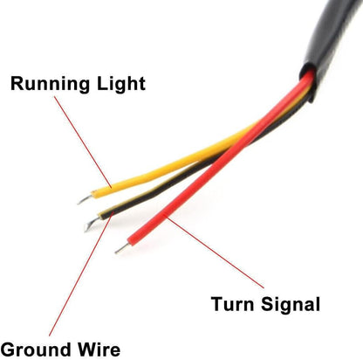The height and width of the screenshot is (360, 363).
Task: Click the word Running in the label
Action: [50, 84]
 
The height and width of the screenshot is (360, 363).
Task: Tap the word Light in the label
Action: [121, 84]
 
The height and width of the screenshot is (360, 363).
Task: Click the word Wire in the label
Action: [99, 349]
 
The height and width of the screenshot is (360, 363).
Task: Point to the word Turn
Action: [233, 304]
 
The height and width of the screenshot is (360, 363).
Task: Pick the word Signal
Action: [291, 305]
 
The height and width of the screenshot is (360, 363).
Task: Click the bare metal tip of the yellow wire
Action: [85, 199]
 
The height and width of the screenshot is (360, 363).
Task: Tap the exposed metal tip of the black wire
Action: [92, 224]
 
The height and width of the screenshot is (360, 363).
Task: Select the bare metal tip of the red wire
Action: [122, 248]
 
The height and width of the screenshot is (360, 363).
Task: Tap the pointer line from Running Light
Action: [83, 142]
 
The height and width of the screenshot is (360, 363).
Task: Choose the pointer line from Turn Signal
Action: [215, 252]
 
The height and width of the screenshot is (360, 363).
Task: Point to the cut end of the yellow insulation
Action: [93, 195]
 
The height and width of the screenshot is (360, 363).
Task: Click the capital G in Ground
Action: [8, 350]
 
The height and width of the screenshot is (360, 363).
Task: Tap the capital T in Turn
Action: [218, 304]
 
